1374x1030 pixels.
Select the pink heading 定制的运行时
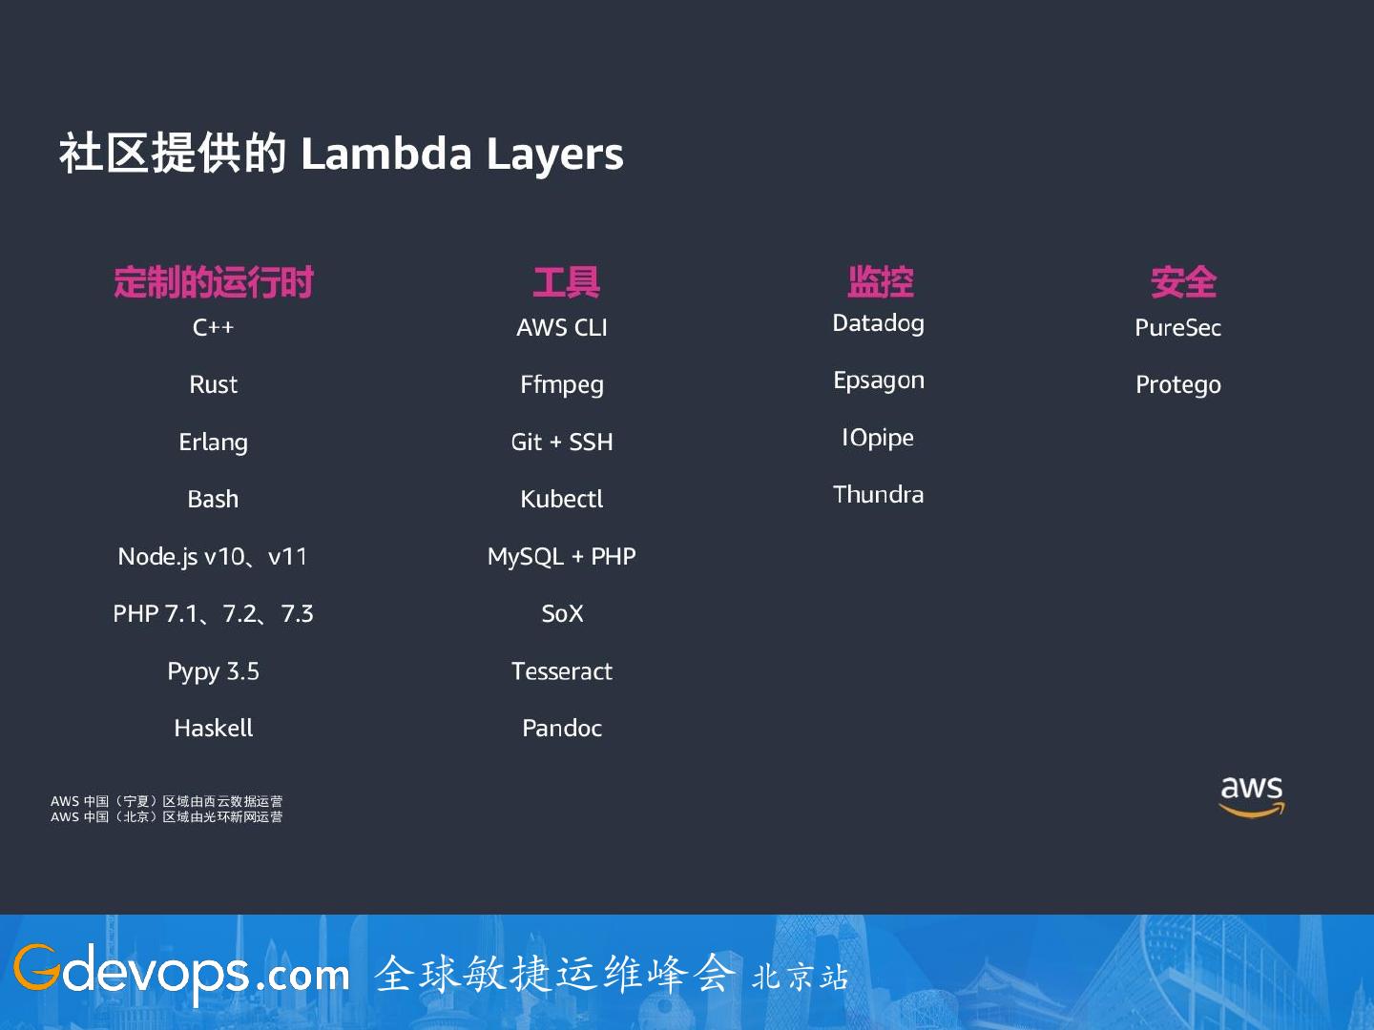[x=214, y=282]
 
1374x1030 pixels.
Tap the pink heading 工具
[x=566, y=282]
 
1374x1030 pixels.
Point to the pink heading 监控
[x=880, y=282]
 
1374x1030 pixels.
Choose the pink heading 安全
[x=1183, y=282]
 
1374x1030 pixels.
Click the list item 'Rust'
[x=214, y=384]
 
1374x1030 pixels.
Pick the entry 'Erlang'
[x=214, y=443]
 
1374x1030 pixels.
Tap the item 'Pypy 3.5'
[x=214, y=671]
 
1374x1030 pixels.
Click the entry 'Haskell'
[x=214, y=729]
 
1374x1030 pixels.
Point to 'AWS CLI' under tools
[x=562, y=328]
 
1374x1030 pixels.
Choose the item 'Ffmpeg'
[x=562, y=385]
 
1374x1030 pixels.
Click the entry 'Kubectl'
[x=562, y=500]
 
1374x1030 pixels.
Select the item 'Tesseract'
[x=562, y=671]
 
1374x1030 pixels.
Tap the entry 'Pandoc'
[x=562, y=729]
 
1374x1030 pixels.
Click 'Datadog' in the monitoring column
[x=879, y=323]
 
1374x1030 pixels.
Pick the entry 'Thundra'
[x=879, y=495]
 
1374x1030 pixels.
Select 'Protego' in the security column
[x=1178, y=385]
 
